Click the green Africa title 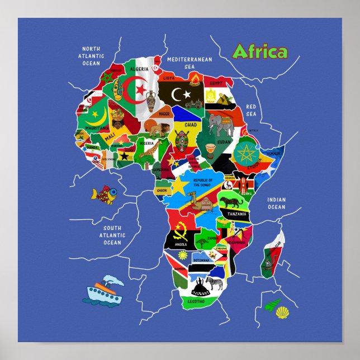[x=259, y=51]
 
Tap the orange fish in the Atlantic [x=106, y=195]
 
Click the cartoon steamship [x=105, y=290]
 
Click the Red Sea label [x=251, y=110]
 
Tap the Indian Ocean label [x=276, y=203]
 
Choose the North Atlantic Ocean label [x=91, y=56]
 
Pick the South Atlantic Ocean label [x=112, y=235]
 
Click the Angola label [x=180, y=244]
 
